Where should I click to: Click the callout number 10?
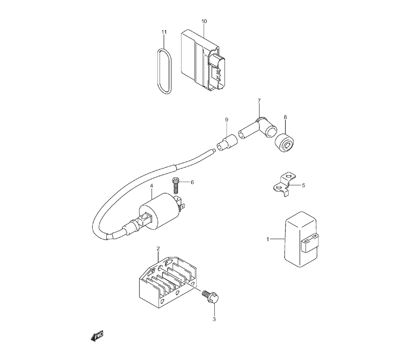(204, 21)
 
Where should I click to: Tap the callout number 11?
(164, 32)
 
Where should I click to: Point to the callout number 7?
(259, 101)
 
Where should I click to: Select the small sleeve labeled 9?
(227, 142)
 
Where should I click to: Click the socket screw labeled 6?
(175, 185)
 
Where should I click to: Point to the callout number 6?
(192, 182)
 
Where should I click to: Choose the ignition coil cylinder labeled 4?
(159, 211)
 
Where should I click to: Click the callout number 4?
(151, 186)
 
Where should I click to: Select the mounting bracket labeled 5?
(284, 184)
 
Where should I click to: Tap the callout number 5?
(303, 185)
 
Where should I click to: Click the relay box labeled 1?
(301, 239)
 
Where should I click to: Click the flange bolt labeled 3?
(211, 297)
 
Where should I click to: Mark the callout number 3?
(214, 319)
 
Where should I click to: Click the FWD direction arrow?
(97, 336)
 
